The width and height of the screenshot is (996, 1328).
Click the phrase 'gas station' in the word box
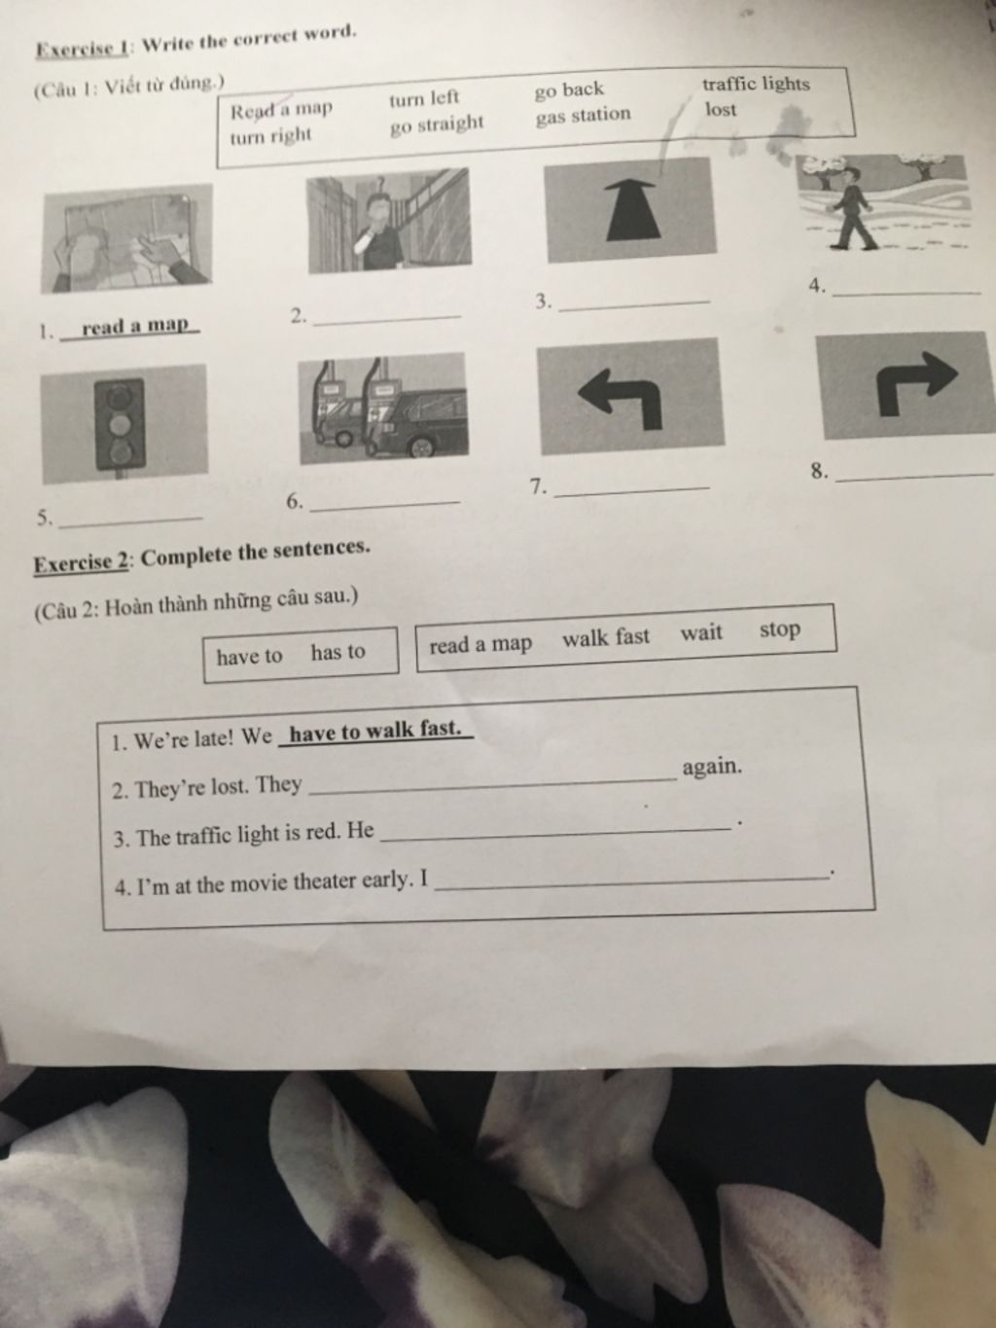pos(583,116)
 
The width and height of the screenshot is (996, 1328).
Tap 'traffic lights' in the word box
pos(756,84)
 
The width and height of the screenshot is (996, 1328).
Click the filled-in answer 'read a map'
pos(135,326)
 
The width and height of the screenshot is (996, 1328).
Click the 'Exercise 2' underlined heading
pos(81,563)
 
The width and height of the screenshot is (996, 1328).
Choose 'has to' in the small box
pos(338,652)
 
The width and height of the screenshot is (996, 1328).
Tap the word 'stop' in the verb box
pos(780,629)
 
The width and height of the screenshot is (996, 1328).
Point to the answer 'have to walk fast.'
pos(374,732)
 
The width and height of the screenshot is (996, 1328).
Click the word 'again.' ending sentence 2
pos(712,768)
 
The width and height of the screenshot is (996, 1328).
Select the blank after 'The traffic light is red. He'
pos(554,834)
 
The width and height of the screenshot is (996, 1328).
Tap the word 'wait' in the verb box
pos(701,632)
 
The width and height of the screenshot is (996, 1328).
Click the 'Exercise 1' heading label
pos(82,48)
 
